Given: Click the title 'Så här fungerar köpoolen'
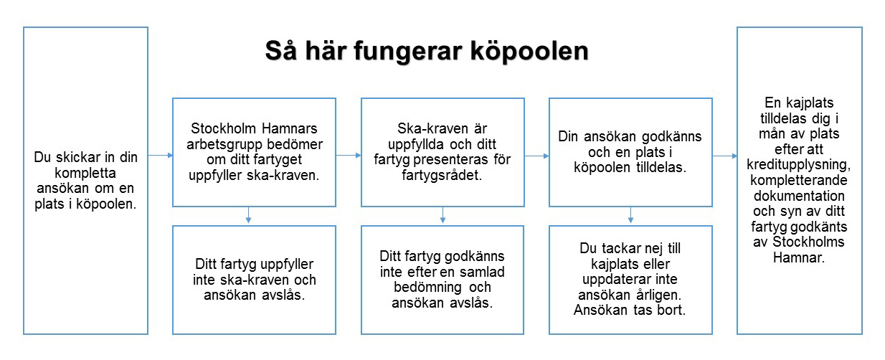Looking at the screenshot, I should click(x=426, y=52).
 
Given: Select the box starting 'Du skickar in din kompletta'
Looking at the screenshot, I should click(x=85, y=180).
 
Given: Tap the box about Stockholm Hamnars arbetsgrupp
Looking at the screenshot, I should click(x=254, y=153).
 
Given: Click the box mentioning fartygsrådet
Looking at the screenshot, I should click(x=442, y=153).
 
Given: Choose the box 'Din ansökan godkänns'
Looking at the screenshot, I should click(x=630, y=153).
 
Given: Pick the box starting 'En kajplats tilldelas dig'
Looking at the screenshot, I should click(x=800, y=180).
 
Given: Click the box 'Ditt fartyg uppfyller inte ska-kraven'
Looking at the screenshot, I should click(x=254, y=279).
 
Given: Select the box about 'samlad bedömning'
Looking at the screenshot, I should click(x=442, y=279).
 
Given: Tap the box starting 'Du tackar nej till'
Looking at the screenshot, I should click(x=630, y=279).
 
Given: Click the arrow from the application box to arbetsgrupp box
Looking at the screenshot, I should click(x=160, y=155).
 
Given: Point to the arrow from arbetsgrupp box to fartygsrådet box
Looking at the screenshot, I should click(x=349, y=155).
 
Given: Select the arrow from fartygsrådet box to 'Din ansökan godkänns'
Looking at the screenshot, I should click(x=536, y=155).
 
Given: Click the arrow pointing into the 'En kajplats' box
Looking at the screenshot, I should click(x=724, y=155).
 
